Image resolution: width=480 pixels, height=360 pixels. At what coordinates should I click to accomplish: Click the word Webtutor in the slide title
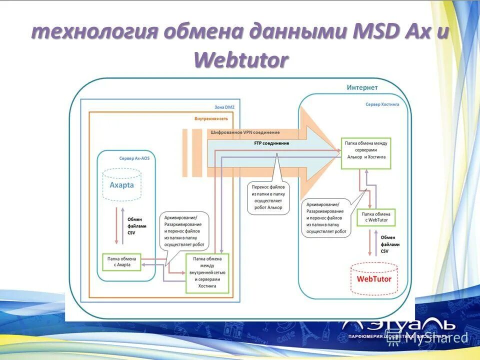click(241, 60)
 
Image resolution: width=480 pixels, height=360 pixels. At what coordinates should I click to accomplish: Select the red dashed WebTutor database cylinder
click(374, 278)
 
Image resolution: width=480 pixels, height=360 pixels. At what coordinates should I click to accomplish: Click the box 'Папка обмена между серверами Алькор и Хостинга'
click(366, 150)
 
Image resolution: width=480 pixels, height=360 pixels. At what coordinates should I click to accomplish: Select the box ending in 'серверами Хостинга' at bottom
click(207, 273)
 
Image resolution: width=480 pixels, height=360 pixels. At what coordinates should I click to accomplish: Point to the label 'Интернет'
click(362, 87)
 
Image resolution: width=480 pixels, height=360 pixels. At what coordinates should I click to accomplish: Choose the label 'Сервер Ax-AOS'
click(134, 158)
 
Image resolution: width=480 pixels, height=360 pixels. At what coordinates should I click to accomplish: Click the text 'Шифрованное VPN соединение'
click(245, 132)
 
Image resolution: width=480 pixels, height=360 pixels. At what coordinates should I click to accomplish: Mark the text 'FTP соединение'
click(271, 143)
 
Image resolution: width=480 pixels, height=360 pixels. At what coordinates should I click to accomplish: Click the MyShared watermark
click(437, 338)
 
